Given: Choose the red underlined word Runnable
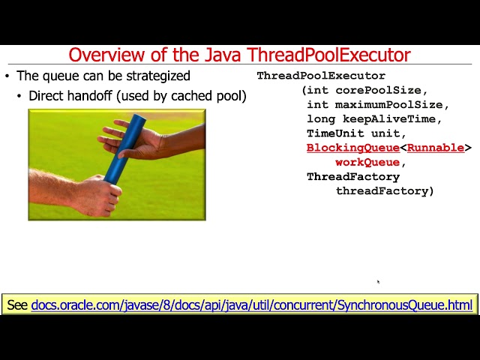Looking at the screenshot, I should tap(435, 148).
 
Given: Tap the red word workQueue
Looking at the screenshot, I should tap(367, 162).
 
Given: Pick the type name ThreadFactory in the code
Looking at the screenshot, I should tap(352, 177).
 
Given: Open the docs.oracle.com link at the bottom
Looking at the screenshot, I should tap(252, 305).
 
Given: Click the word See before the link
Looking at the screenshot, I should tap(17, 305).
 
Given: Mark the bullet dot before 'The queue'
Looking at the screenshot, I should tap(7, 76).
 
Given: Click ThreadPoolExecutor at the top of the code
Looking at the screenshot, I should tap(321, 76).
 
